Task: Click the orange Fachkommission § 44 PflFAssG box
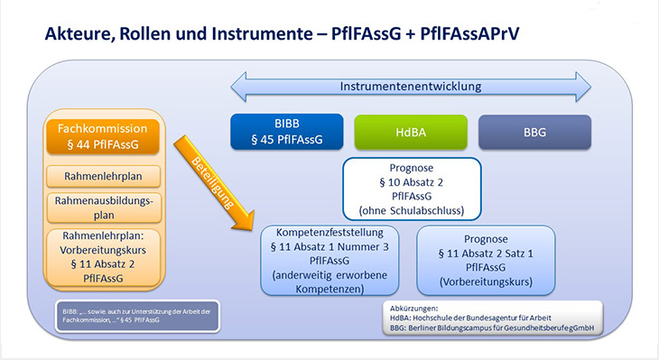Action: point(103,136)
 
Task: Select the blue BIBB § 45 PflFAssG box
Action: point(287,132)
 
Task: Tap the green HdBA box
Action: point(411,133)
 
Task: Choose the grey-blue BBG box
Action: point(534,133)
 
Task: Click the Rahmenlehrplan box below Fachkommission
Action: point(103,177)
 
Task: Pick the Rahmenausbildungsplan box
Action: point(104,208)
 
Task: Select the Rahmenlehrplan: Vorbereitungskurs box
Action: point(103,257)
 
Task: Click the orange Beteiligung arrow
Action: point(214,183)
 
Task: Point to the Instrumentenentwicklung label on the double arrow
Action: point(411,87)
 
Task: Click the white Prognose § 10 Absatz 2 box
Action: point(412,189)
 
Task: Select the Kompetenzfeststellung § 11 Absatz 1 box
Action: point(329,261)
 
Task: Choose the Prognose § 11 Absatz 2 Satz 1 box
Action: point(486,261)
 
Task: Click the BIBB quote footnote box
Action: point(137,316)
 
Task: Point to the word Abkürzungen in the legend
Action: point(413,309)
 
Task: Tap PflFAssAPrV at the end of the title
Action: point(469,33)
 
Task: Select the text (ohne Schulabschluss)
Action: point(412,210)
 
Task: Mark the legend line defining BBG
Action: point(492,328)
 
